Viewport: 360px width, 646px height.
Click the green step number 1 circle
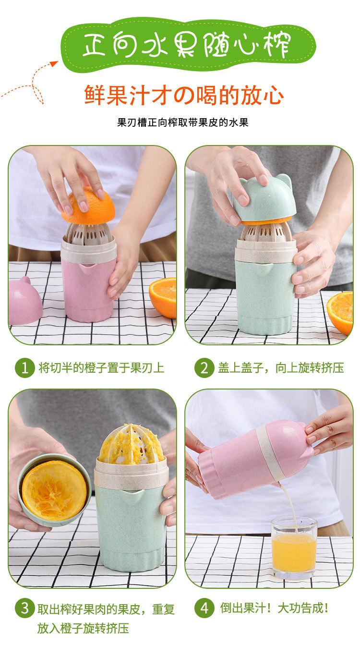25,368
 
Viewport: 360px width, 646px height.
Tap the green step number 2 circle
204,368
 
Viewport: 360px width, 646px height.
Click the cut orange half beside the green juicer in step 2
340,313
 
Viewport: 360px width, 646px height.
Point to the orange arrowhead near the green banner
54,63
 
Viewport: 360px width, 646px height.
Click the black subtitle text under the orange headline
183,122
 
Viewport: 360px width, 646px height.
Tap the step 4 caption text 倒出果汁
243,608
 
